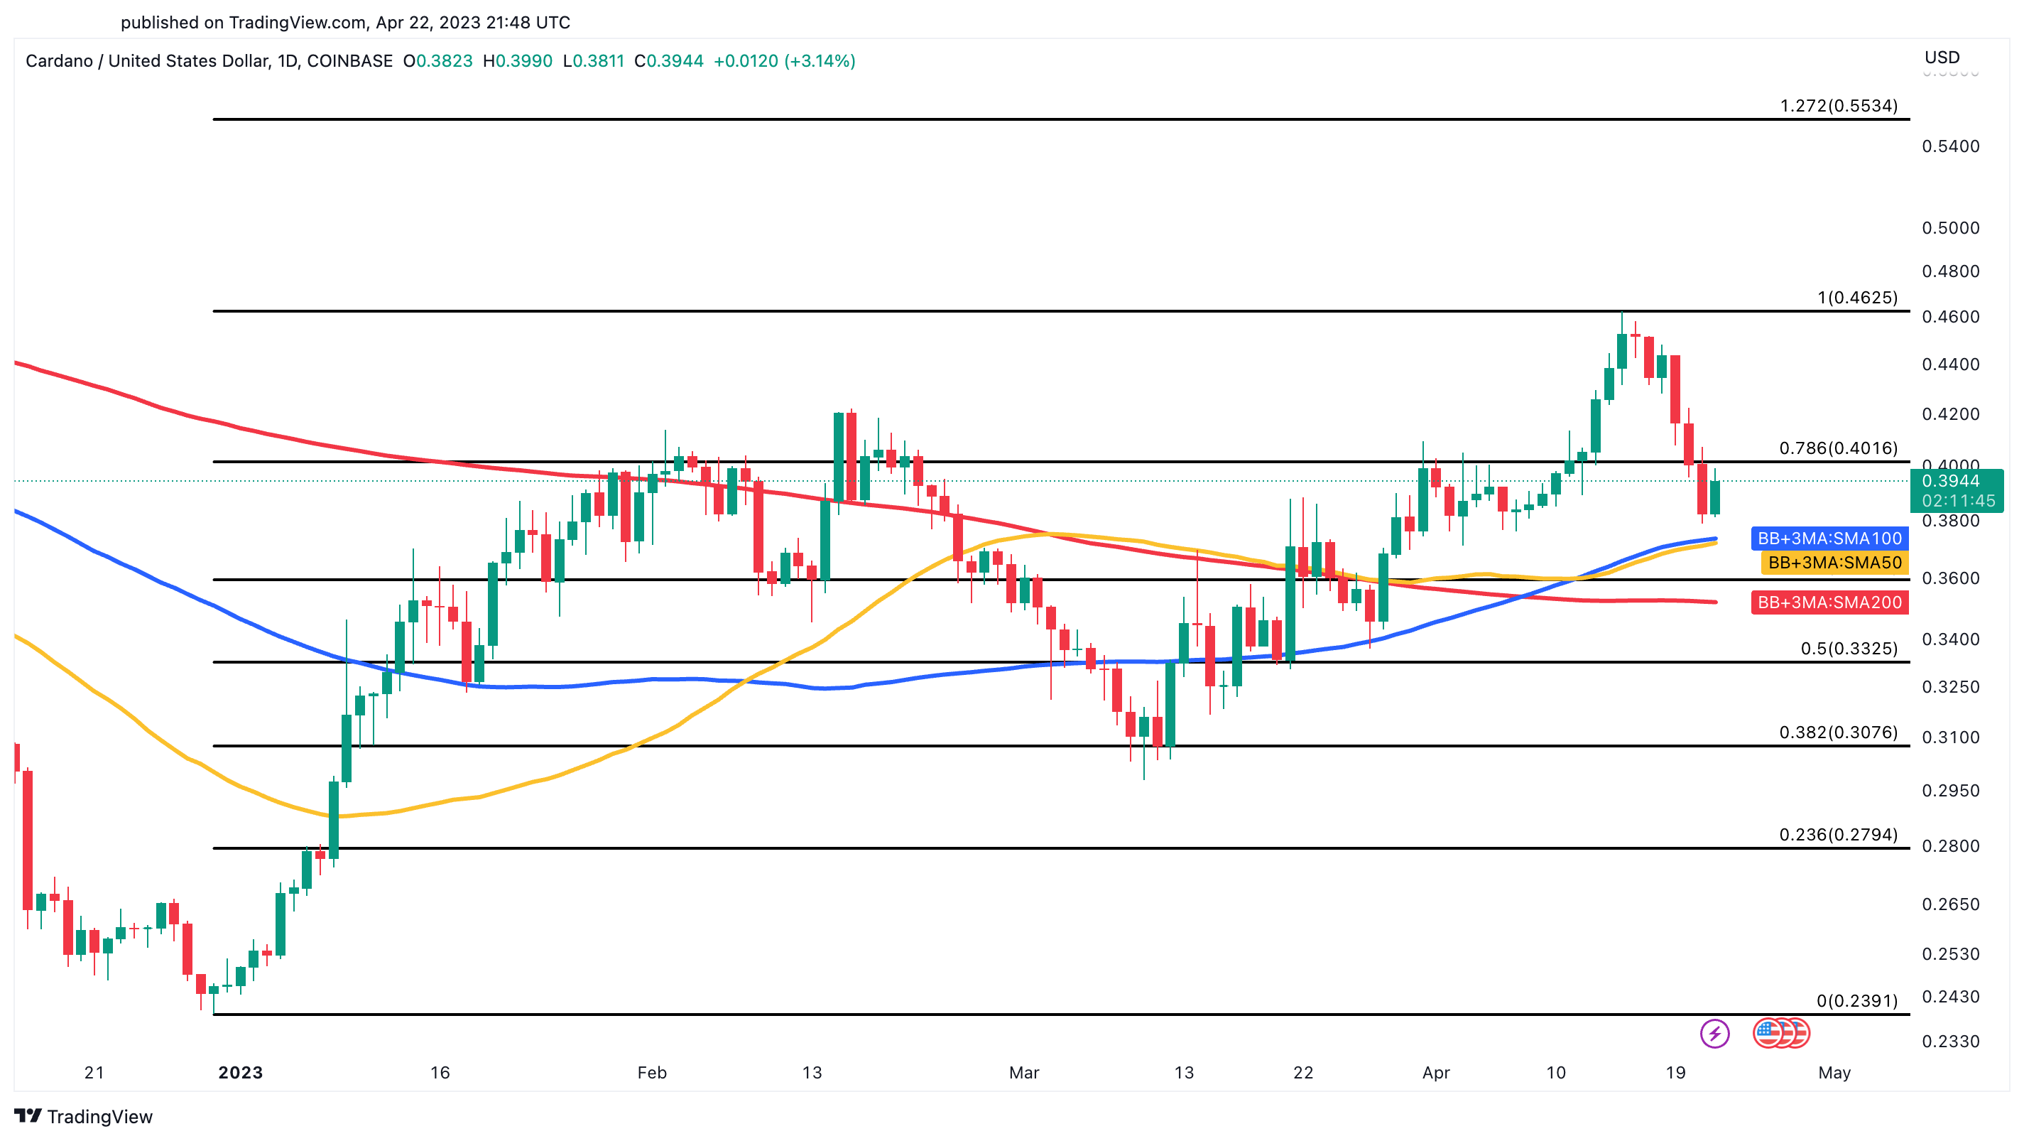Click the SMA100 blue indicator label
[1829, 539]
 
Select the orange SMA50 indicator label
[1834, 563]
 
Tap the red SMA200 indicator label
[1829, 602]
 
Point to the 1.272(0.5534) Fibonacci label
[1839, 105]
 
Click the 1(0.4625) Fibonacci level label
[1857, 297]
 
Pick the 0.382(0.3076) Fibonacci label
[1839, 732]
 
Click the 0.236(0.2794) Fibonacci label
[1839, 835]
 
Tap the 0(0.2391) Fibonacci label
[1856, 1001]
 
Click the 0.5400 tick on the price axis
[1950, 146]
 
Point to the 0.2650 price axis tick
[1950, 904]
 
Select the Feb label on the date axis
[652, 1073]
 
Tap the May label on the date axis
[1834, 1073]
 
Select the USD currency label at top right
[1942, 58]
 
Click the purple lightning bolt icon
[1714, 1033]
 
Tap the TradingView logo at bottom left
[83, 1117]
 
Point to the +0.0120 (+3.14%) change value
[784, 61]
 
